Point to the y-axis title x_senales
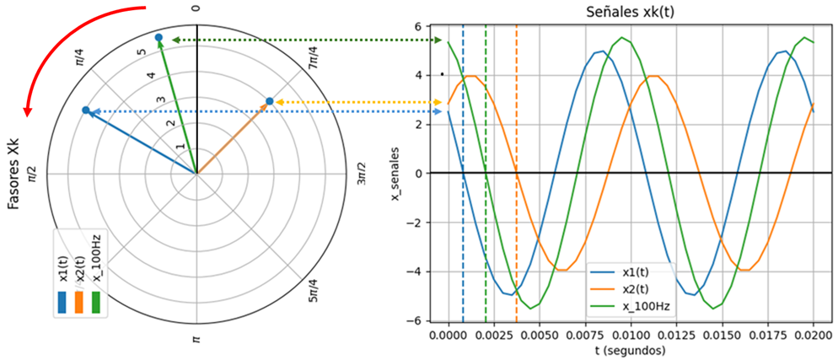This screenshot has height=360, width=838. pos(395,174)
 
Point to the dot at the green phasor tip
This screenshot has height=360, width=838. pos(158,38)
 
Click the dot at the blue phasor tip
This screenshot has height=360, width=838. pos(85,110)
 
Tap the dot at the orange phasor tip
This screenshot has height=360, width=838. pos(269,102)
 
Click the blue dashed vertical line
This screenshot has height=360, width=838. pos(463,211)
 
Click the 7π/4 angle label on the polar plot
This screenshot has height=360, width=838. pos(313,58)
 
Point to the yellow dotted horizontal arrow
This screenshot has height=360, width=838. pos(354,102)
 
